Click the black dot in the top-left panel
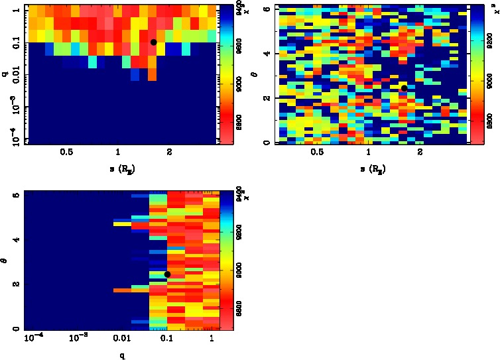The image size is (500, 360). [153, 42]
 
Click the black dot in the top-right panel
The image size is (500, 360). [404, 88]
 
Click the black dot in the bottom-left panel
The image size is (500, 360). [167, 274]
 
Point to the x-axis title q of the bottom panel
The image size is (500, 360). [122, 355]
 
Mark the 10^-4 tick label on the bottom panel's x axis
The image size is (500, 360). [33, 339]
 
